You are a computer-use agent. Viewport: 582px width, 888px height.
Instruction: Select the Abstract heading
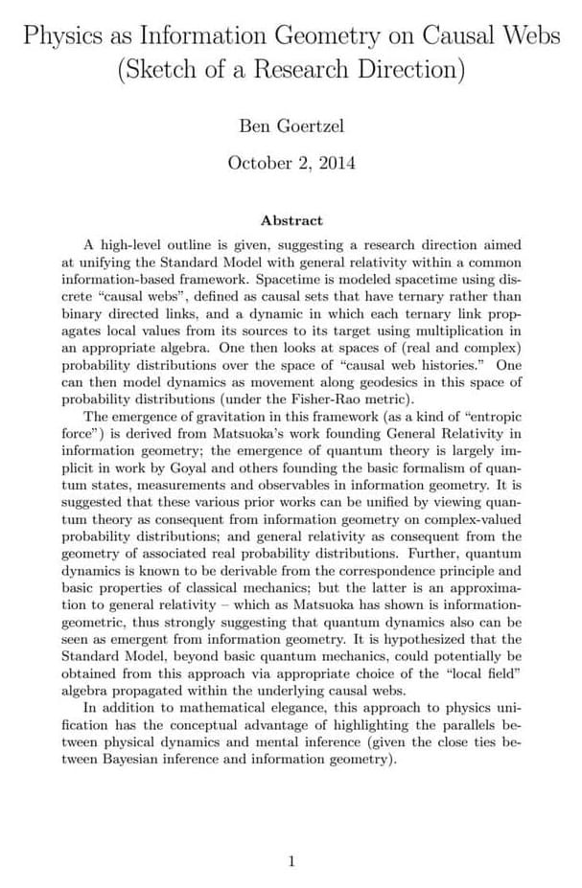coord(291,220)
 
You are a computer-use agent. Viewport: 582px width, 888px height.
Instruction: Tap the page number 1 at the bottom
coord(291,861)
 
